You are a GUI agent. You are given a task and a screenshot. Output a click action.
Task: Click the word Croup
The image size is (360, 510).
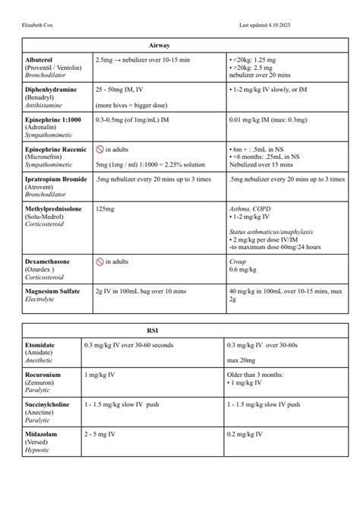[237, 261]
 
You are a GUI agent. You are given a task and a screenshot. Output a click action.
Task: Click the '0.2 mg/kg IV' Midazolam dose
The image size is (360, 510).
[246, 434]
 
